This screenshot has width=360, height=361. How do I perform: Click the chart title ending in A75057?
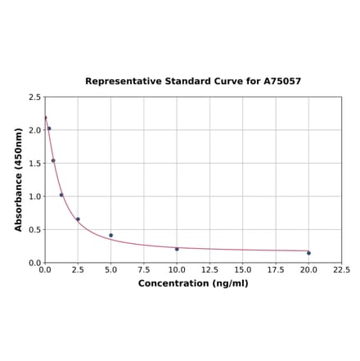[193, 82]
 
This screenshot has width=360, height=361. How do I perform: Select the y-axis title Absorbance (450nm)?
[18, 179]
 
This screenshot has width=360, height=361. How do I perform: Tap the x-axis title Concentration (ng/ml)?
[193, 283]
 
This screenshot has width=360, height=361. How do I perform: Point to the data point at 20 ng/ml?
[308, 253]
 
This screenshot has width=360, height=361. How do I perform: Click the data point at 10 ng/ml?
[177, 249]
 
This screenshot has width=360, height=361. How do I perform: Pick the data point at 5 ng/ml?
[111, 235]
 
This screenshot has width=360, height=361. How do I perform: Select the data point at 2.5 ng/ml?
[78, 219]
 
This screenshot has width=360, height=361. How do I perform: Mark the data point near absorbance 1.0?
[61, 195]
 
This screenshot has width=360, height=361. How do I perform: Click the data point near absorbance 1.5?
[53, 160]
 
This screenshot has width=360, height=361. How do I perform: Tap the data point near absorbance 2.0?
[49, 129]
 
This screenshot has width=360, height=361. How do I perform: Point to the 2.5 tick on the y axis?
[35, 97]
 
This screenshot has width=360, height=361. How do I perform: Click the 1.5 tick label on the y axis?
[35, 164]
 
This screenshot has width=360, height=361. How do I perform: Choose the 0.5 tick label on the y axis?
[35, 230]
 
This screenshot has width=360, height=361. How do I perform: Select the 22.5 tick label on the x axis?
[341, 270]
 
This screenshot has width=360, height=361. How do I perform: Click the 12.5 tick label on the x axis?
[209, 270]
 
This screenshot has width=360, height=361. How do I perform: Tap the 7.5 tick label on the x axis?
[144, 270]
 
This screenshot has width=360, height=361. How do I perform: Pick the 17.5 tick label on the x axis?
[276, 270]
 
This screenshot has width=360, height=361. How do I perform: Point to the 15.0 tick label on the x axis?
[243, 270]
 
